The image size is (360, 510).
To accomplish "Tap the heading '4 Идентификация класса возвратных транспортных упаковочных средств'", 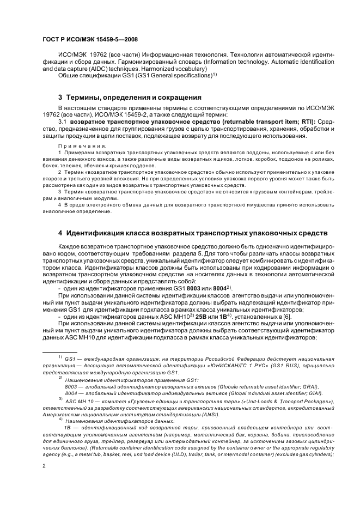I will tap(193, 233).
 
